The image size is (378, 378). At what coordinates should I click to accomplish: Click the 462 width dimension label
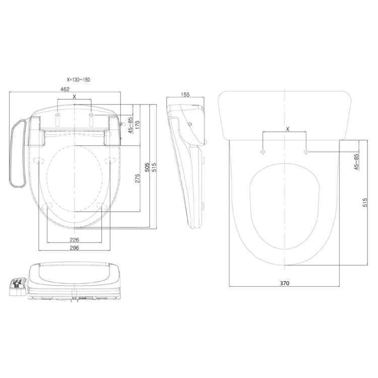[x=65, y=89]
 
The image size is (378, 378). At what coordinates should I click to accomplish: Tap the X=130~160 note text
[x=78, y=80]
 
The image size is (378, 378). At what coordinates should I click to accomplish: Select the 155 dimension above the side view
[x=185, y=94]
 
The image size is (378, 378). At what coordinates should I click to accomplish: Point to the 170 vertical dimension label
[x=137, y=125]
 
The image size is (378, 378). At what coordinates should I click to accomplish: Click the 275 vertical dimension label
[x=137, y=178]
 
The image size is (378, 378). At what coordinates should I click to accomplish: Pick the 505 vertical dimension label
[x=147, y=167]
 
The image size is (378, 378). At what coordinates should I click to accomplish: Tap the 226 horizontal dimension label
[x=74, y=240]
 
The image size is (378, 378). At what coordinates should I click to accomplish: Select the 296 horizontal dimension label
[x=74, y=248]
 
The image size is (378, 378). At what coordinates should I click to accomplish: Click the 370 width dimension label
[x=284, y=283]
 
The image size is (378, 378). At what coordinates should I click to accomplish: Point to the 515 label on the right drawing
[x=365, y=203]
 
